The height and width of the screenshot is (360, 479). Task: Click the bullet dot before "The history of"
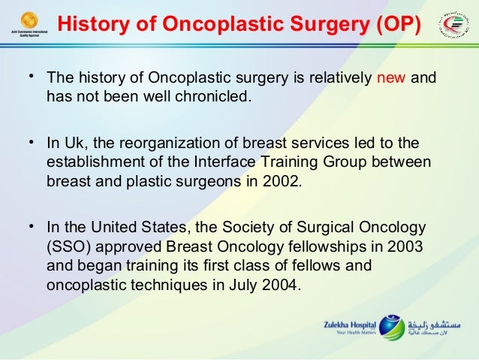(x=32, y=77)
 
